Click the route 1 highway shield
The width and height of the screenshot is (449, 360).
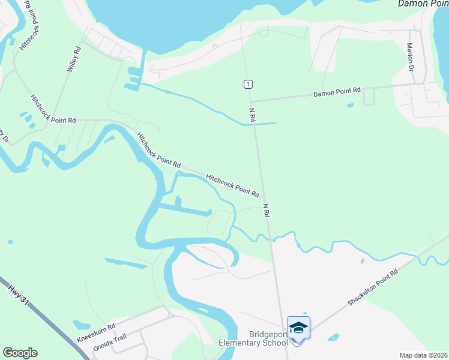coord(247,84)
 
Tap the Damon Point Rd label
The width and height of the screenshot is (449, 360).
coord(337,92)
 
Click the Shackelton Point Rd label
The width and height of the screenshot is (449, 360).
coord(373,289)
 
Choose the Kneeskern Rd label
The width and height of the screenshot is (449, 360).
coord(96,334)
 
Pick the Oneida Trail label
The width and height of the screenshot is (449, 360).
coord(110,343)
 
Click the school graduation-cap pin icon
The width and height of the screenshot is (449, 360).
coord(298,328)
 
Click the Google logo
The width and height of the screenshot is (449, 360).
coord(20,353)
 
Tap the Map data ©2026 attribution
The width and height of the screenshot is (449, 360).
coord(423,355)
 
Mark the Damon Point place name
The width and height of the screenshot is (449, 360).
coord(423,4)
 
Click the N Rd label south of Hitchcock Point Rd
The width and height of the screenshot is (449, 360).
coord(265,210)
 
